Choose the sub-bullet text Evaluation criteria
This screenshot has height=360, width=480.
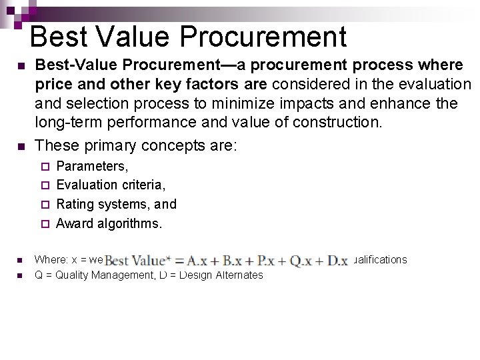click(111, 185)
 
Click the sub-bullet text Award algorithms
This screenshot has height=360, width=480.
click(109, 223)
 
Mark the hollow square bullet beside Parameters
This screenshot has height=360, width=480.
click(45, 167)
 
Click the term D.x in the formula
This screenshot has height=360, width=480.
click(337, 261)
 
